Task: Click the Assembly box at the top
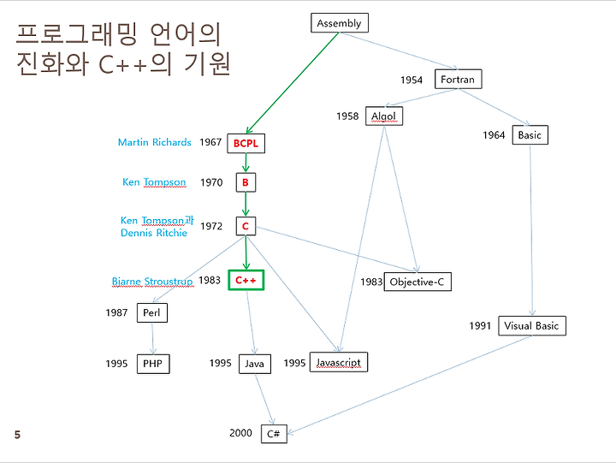point(339,23)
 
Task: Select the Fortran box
point(457,80)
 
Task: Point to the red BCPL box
point(246,143)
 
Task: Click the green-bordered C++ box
point(246,281)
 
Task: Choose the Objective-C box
point(418,282)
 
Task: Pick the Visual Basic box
point(531,325)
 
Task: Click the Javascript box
point(338,363)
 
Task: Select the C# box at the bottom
point(274,434)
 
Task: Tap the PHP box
point(152,364)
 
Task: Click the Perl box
point(151,313)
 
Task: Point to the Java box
point(254,364)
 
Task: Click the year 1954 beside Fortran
point(412,80)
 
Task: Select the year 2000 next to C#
point(240,433)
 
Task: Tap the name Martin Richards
point(154,142)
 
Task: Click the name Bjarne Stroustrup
point(152,281)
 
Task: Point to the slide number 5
point(17,435)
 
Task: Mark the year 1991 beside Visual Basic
point(480,325)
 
